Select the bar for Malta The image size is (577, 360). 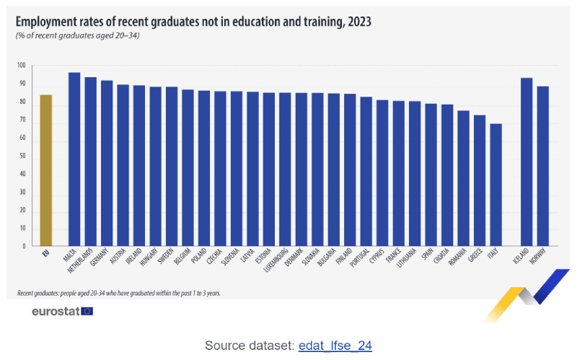[74, 159]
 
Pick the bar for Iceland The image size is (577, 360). [527, 162]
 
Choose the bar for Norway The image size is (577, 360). [543, 166]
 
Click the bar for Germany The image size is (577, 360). [107, 163]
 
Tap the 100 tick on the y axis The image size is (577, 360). [22, 66]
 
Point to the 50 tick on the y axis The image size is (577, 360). [22, 156]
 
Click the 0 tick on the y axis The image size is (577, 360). [24, 246]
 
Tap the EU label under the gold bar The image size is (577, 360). [45, 254]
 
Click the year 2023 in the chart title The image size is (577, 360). [356, 22]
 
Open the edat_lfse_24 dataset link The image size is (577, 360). [335, 345]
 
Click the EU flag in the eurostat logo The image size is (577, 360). [87, 311]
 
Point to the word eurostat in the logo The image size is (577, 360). [56, 312]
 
